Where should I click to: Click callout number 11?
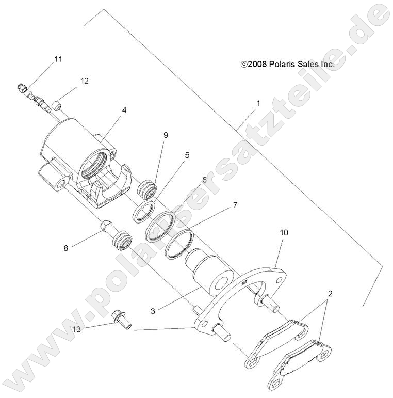click(x=58, y=59)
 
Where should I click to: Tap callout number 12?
click(x=84, y=81)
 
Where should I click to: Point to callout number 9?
click(x=166, y=135)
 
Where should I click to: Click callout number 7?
click(x=220, y=205)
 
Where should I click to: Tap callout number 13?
click(x=77, y=329)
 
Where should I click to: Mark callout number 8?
click(x=65, y=248)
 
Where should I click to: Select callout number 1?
click(x=258, y=103)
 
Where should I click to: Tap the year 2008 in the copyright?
click(x=256, y=65)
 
